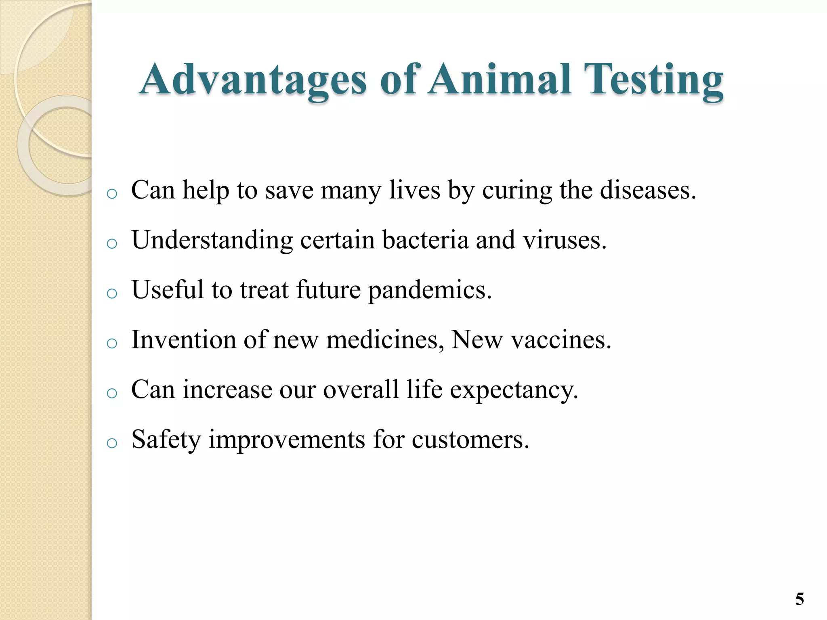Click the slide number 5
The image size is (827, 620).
(799, 599)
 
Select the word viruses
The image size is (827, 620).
(564, 240)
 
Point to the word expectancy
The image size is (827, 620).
(514, 390)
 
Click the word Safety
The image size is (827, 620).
(166, 440)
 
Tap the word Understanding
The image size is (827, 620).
(212, 241)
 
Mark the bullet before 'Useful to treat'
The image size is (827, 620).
(112, 293)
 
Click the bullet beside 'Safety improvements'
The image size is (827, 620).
(112, 443)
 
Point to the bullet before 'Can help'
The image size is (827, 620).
(112, 194)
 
